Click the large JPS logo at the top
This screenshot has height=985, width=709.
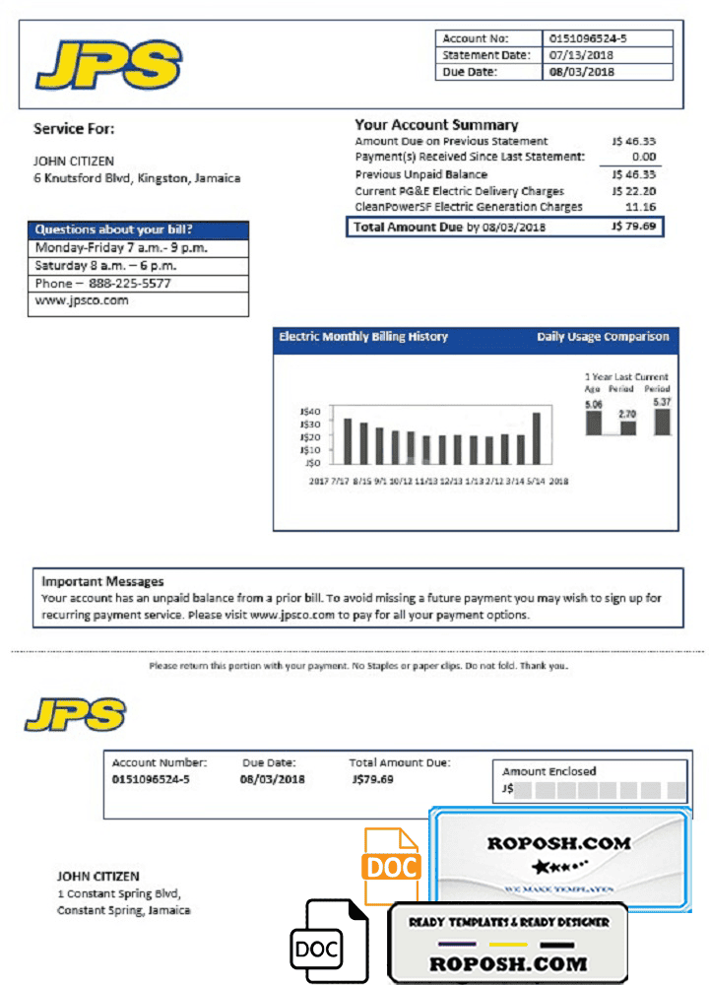(108, 64)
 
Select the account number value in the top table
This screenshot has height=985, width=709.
(587, 38)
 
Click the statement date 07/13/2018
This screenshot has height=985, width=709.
(581, 55)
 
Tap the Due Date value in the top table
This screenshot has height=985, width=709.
(581, 72)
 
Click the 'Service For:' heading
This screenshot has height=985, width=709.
(74, 128)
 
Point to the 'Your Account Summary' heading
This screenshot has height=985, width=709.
(436, 125)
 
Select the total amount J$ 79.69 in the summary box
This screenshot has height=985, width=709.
(633, 228)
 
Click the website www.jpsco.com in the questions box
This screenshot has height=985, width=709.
(82, 301)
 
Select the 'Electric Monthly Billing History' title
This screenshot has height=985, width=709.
(363, 337)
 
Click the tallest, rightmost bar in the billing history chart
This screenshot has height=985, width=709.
(537, 438)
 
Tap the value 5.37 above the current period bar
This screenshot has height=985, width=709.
(662, 403)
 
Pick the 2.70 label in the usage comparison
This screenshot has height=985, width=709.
(627, 415)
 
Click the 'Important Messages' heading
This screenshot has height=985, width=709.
(102, 582)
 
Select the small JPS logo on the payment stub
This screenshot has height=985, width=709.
(75, 714)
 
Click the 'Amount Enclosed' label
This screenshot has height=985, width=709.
(549, 771)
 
